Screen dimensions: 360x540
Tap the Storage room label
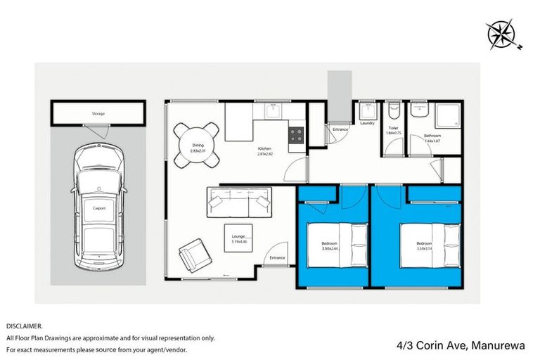pos(98,112)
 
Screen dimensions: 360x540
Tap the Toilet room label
pos(392,129)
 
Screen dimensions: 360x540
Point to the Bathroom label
pos(432,137)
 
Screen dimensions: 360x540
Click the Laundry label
pos(366,123)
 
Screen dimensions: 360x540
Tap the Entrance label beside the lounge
pos(277,257)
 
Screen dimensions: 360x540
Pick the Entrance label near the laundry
pos(340,129)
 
